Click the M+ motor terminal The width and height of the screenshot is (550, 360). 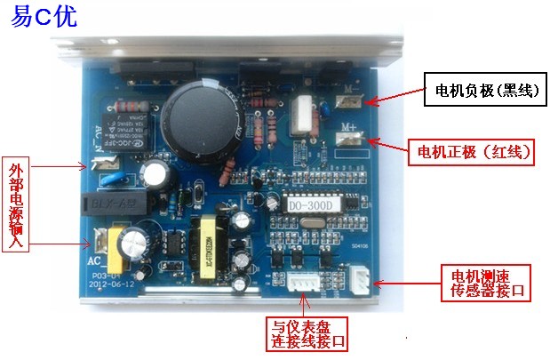(x=347, y=141)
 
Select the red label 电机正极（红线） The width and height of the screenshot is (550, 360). (x=472, y=151)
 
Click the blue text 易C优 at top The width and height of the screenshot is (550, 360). (x=44, y=20)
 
